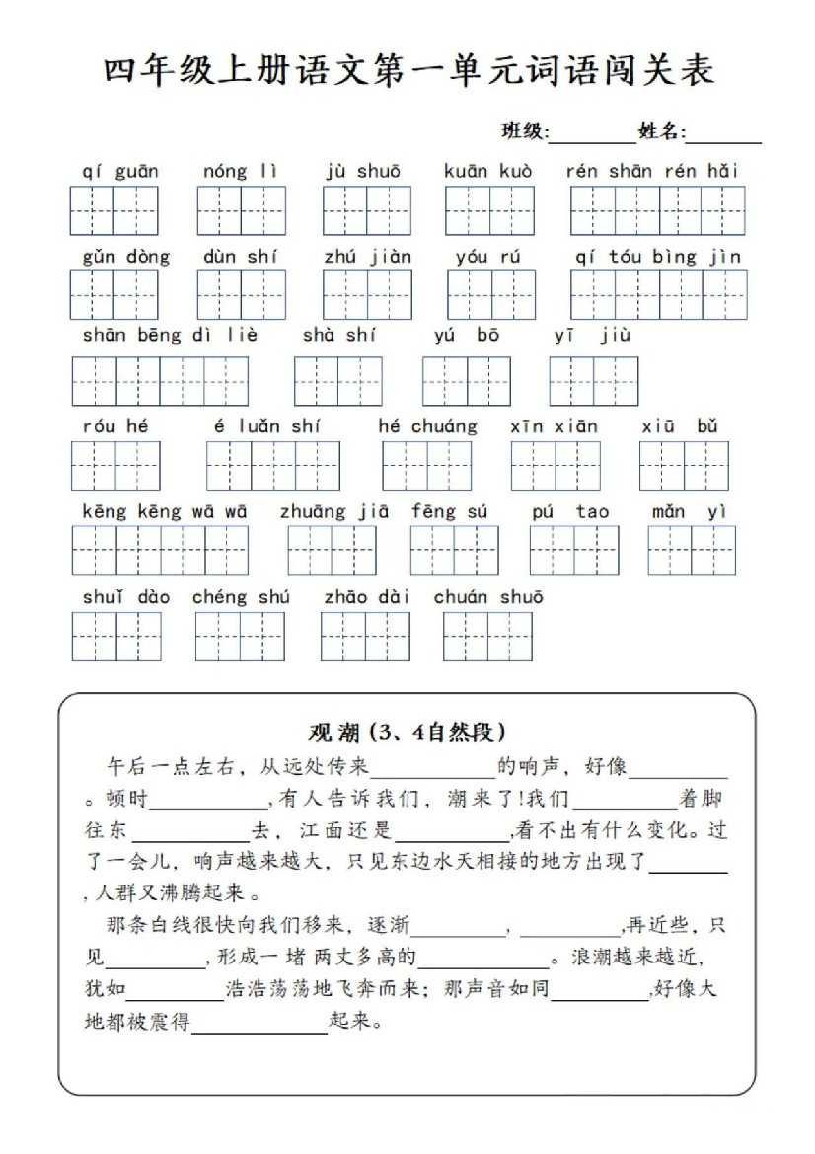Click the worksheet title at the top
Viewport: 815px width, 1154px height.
(407, 72)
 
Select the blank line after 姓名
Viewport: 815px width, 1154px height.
(724, 135)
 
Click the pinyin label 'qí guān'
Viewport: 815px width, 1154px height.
(120, 171)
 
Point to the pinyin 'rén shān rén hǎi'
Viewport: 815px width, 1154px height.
(652, 171)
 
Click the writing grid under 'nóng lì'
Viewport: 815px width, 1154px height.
(241, 210)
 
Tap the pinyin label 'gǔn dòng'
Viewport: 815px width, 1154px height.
(126, 257)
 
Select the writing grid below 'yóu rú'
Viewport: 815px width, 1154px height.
(491, 294)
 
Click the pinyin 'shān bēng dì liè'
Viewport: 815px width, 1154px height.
(170, 335)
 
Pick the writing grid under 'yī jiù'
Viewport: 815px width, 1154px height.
(593, 381)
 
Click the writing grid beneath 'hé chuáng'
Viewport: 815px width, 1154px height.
(427, 466)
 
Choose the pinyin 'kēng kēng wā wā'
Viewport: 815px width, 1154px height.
(165, 511)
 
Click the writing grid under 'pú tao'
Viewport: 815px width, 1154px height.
(574, 550)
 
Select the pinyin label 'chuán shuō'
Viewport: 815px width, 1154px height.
(488, 597)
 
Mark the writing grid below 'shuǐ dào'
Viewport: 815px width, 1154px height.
(115, 637)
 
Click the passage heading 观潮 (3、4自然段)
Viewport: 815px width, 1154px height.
(407, 731)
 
